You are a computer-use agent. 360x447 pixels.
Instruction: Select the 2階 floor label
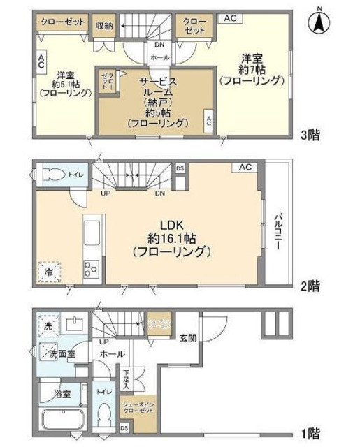point(310,285)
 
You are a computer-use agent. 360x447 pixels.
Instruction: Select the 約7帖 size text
point(252,69)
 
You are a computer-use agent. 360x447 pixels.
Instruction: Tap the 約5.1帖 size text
point(64,82)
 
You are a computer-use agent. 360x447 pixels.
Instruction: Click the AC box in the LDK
point(245,168)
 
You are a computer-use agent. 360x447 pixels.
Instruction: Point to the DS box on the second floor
point(180,168)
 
